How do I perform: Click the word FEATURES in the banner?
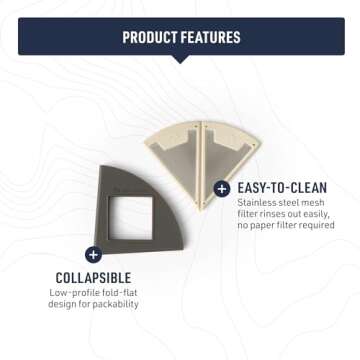(210, 37)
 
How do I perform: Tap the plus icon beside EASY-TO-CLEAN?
(221, 187)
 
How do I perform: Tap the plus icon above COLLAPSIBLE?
(93, 254)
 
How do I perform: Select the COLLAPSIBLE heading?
(94, 277)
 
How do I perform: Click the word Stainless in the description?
(257, 204)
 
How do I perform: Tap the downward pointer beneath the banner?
(180, 58)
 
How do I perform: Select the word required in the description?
(314, 226)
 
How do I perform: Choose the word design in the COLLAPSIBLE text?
(66, 304)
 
